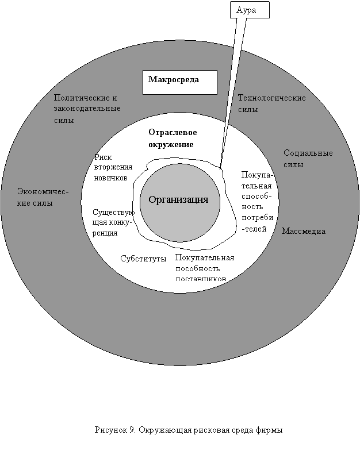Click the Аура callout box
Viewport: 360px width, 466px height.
point(249,10)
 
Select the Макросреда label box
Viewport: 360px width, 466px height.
point(179,82)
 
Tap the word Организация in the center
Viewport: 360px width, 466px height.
point(179,199)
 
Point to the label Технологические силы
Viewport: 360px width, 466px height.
point(271,103)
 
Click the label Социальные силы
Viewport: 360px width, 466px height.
point(308,159)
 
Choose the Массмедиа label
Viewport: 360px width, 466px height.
point(304,231)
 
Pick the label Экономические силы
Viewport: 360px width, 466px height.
point(43,197)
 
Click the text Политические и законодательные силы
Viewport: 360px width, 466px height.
point(86,109)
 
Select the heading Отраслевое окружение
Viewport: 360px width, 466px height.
point(173,138)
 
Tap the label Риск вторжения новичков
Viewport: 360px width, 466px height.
point(113,167)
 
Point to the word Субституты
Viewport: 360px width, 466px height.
point(143,258)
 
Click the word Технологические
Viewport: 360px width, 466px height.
point(271,98)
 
